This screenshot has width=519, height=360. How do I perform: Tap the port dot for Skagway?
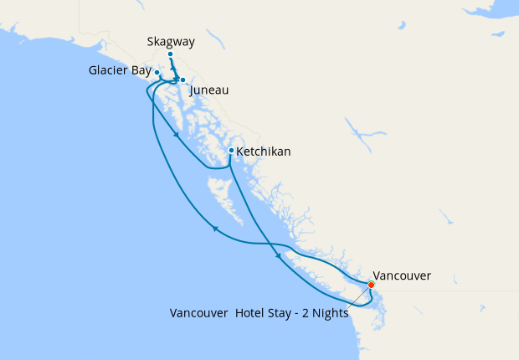click(x=170, y=55)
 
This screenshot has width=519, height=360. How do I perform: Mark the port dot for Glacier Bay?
click(x=157, y=73)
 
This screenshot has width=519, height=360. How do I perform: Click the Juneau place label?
click(x=209, y=90)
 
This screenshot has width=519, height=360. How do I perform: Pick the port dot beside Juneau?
click(x=182, y=80)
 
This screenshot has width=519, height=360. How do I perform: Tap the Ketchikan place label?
click(x=264, y=152)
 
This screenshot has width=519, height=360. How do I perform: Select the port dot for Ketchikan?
click(x=231, y=151)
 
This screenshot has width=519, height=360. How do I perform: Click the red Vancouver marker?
click(x=371, y=285)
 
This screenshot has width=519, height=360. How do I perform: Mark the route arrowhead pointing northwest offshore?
click(x=215, y=228)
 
